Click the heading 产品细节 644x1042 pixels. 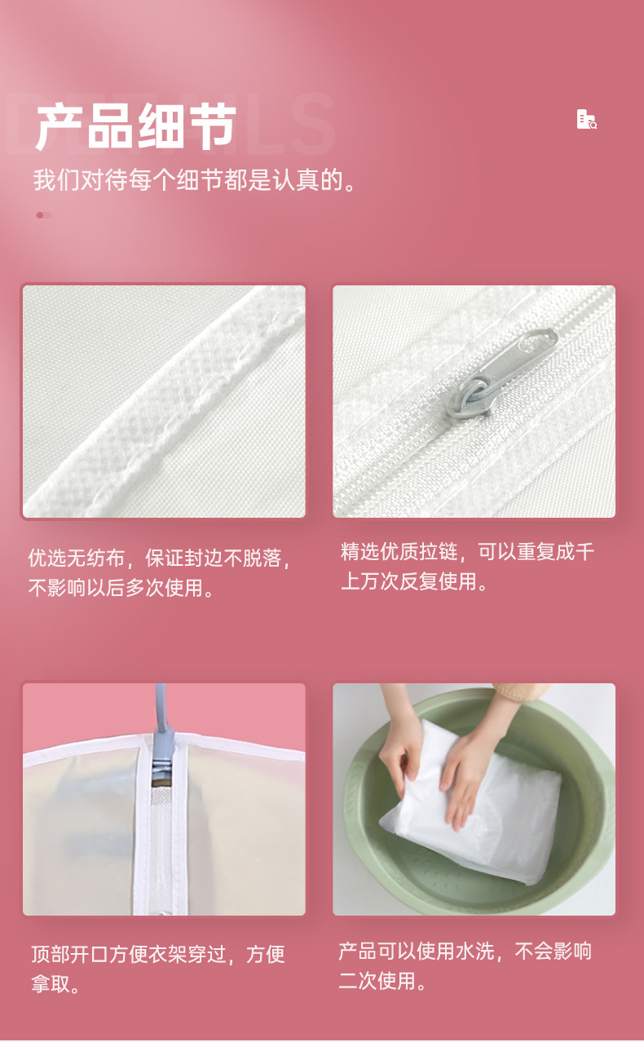click(x=135, y=127)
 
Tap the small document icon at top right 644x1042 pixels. click(x=586, y=120)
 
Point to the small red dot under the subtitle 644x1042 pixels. click(x=40, y=215)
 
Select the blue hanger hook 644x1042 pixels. click(x=161, y=717)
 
